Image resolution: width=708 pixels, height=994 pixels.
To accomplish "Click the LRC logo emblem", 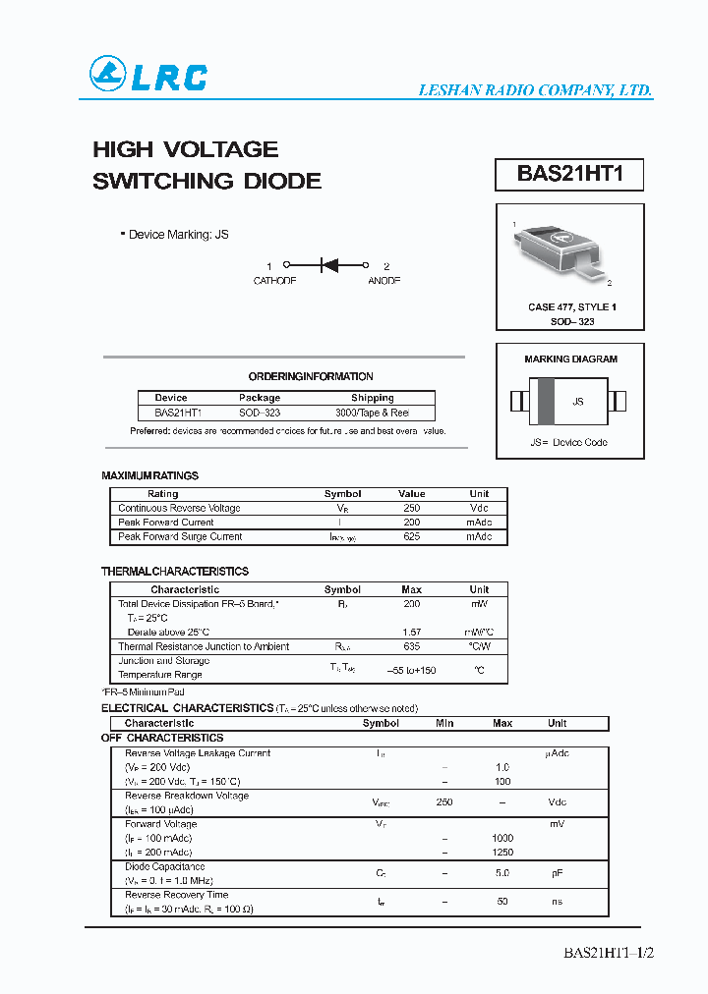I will (108, 75).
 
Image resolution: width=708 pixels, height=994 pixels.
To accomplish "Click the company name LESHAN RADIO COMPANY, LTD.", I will (536, 90).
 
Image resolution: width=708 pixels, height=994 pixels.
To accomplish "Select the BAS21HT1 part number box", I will (569, 175).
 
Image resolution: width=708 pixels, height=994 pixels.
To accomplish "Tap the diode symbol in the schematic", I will (329, 265).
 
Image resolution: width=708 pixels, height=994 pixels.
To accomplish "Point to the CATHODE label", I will (274, 281).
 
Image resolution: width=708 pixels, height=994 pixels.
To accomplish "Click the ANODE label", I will (384, 281).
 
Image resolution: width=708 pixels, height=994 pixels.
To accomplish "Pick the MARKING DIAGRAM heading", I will (570, 359).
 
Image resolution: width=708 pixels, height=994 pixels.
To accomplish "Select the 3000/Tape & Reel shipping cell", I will (372, 414).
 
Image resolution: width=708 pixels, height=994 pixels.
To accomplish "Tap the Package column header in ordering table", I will (260, 398).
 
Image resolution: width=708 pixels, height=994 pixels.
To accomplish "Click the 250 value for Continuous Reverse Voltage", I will (411, 508).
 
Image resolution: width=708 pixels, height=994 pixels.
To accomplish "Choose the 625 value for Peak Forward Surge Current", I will (411, 536).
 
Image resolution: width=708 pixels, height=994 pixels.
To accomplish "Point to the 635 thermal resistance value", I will (411, 646).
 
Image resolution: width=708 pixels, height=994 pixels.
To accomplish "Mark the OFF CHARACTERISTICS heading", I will (162, 738).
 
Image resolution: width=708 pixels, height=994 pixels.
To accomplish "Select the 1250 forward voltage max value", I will (502, 853).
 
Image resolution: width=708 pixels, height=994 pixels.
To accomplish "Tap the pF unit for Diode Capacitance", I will (557, 872).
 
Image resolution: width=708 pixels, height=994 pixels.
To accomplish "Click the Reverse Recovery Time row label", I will (176, 895).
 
